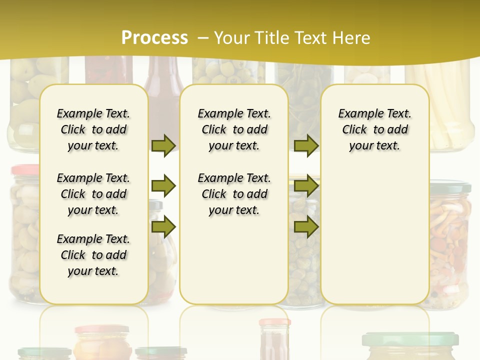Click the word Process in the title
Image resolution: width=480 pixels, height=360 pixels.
point(154,38)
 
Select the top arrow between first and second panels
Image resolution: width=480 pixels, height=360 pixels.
point(163,145)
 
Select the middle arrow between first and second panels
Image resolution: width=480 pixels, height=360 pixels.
point(163,186)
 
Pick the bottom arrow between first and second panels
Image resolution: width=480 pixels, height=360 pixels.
point(163,226)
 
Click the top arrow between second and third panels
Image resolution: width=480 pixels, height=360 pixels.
point(306,145)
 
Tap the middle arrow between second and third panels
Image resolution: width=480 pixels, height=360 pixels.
point(306,186)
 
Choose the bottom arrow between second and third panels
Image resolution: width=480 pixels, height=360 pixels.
point(306,226)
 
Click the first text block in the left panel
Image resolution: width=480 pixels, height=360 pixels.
point(93,129)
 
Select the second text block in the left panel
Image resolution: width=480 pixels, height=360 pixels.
point(93,194)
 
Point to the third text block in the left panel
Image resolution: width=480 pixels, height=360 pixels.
point(93,255)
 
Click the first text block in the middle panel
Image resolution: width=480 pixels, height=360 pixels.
point(234,129)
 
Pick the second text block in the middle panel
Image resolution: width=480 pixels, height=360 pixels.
point(234,194)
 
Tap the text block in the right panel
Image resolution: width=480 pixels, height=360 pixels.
point(375,129)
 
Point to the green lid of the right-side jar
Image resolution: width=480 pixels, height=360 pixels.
point(450,187)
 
